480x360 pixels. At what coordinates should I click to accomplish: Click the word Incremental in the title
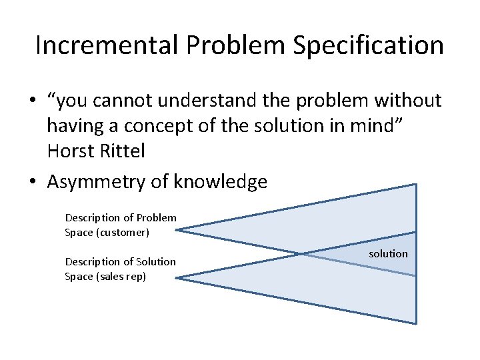(107, 45)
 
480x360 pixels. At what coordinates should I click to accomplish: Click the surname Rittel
(123, 151)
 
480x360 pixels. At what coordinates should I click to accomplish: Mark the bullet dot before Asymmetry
(32, 182)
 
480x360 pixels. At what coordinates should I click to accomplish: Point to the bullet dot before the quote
(32, 101)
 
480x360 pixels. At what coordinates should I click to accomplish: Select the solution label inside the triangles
(388, 253)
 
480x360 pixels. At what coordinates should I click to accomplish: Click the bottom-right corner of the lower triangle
(415, 323)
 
